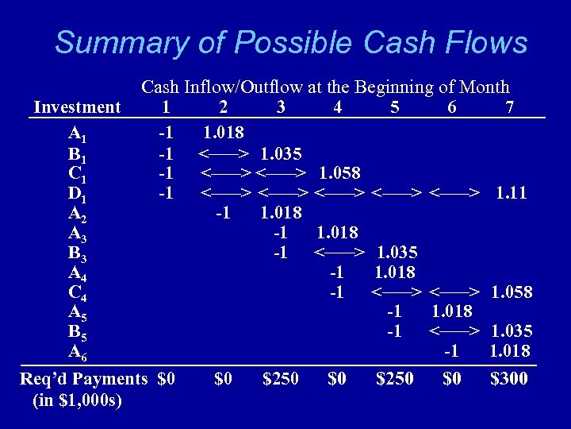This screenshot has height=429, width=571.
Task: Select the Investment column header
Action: [x=77, y=107]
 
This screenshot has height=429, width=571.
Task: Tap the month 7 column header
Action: [x=509, y=107]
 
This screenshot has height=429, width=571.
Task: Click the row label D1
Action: [x=78, y=193]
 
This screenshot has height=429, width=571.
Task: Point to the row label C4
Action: [x=78, y=292]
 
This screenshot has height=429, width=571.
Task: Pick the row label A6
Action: [x=78, y=351]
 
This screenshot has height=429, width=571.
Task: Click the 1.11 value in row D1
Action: [x=511, y=192]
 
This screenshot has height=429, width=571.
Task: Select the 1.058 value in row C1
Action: [x=339, y=172]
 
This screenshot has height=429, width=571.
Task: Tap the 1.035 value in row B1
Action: [x=282, y=153]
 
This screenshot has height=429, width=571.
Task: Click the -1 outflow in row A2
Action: [x=223, y=213]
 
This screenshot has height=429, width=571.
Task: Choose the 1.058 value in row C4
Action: [x=512, y=292]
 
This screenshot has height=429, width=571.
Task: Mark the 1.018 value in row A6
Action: [x=510, y=351]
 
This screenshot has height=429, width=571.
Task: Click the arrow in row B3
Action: [x=339, y=253]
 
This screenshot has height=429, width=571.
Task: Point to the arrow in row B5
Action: [x=454, y=331]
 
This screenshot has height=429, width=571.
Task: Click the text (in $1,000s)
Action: [x=78, y=400]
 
